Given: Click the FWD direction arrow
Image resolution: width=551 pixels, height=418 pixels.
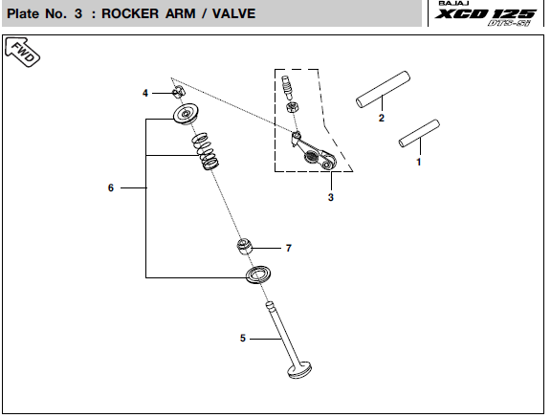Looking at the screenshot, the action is (23, 52).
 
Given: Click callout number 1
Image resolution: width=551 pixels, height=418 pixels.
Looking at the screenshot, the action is (418, 162).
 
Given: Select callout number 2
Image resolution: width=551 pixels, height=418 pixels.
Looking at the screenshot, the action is (382, 118).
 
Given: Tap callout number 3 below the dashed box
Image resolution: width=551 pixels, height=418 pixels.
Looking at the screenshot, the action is (330, 197).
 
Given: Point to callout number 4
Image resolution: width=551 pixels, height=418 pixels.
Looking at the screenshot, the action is (145, 93).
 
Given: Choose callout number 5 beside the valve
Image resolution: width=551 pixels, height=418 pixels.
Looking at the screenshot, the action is (242, 338).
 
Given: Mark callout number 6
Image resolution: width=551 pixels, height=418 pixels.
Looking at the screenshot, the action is (111, 187).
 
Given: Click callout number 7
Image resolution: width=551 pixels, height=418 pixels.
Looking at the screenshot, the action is (289, 248).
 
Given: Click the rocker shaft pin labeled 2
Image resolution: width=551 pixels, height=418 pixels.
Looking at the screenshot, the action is (383, 89).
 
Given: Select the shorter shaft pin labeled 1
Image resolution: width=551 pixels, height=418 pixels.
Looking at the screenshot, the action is (419, 134).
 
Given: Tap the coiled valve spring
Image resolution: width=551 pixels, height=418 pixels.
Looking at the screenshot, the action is (205, 151).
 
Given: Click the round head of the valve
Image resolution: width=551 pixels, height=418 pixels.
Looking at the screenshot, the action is (299, 370).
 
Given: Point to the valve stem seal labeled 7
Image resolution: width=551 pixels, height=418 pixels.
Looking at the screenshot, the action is (245, 246).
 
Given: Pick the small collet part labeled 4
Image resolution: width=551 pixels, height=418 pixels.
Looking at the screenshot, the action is (179, 91).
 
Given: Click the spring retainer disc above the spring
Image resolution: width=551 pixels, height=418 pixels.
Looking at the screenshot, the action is (186, 114).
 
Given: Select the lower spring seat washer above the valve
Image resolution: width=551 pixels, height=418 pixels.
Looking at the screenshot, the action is (258, 275).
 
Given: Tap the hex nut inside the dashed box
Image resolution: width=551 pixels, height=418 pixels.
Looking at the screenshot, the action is (291, 107).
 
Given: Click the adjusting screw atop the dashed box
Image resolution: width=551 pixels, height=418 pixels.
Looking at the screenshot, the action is (287, 88).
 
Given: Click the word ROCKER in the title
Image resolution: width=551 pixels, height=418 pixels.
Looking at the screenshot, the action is (130, 13).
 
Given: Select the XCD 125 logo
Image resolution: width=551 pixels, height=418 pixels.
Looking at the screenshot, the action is (485, 14).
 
